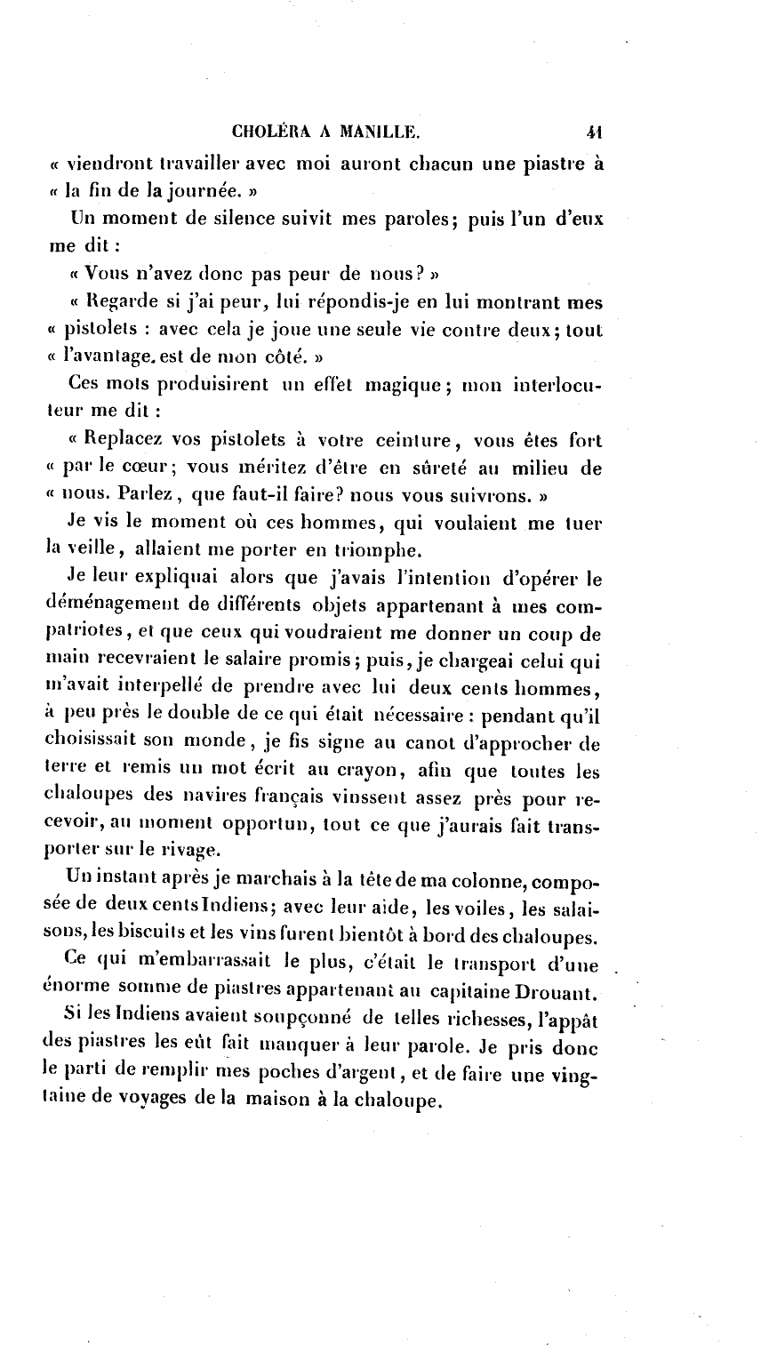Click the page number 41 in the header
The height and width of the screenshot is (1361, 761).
click(x=595, y=133)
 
